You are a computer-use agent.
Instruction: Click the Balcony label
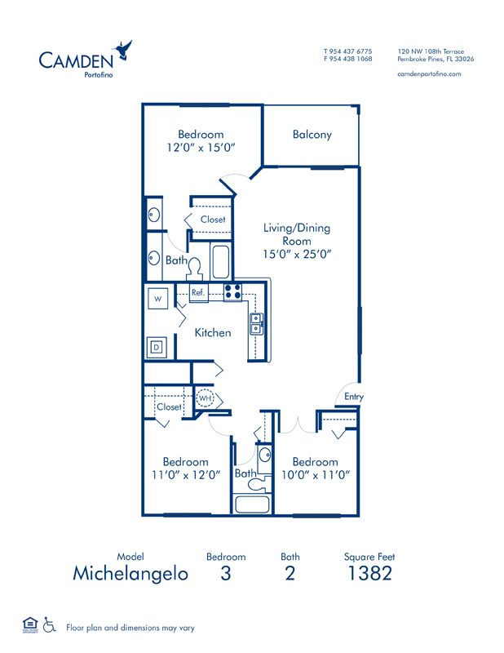[312, 135]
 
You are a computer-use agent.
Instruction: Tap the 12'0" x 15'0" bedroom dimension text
[201, 148]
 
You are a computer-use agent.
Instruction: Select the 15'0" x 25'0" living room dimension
[296, 254]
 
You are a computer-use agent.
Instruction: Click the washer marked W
[158, 300]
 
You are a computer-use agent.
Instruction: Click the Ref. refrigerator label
[198, 292]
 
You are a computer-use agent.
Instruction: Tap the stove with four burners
[232, 292]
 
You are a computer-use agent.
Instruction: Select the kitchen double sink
[256, 324]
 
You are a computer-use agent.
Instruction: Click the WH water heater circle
[206, 398]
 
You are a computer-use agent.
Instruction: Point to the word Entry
[354, 397]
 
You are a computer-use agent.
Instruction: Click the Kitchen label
[212, 333]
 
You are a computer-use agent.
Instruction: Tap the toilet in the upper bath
[195, 266]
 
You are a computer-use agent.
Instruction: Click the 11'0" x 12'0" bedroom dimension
[185, 475]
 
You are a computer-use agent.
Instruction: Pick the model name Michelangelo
[130, 573]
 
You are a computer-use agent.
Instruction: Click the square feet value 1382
[369, 573]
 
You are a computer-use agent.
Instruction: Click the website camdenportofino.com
[429, 73]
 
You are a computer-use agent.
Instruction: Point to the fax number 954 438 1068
[352, 59]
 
